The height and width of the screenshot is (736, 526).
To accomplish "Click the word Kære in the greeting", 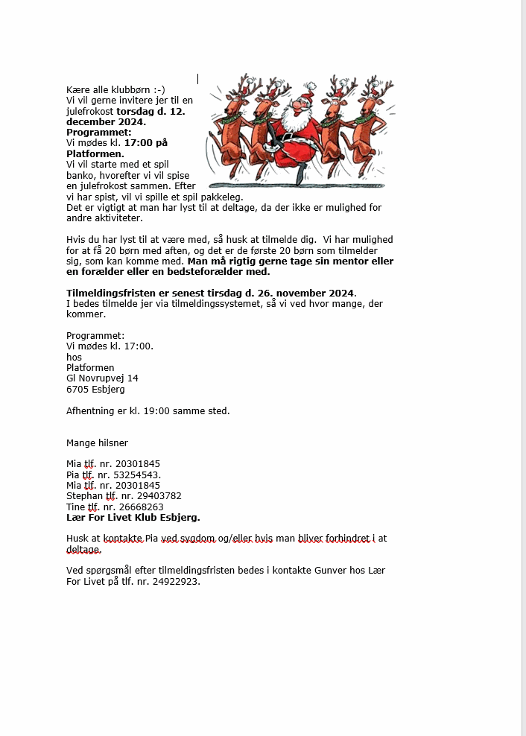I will point(77,89).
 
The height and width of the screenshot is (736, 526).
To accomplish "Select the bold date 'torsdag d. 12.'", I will point(151,111).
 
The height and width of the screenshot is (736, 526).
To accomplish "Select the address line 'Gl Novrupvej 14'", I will point(102,378).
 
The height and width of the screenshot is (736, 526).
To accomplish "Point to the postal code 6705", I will point(77,389).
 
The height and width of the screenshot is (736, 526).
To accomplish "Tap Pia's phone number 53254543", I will point(136,475).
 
